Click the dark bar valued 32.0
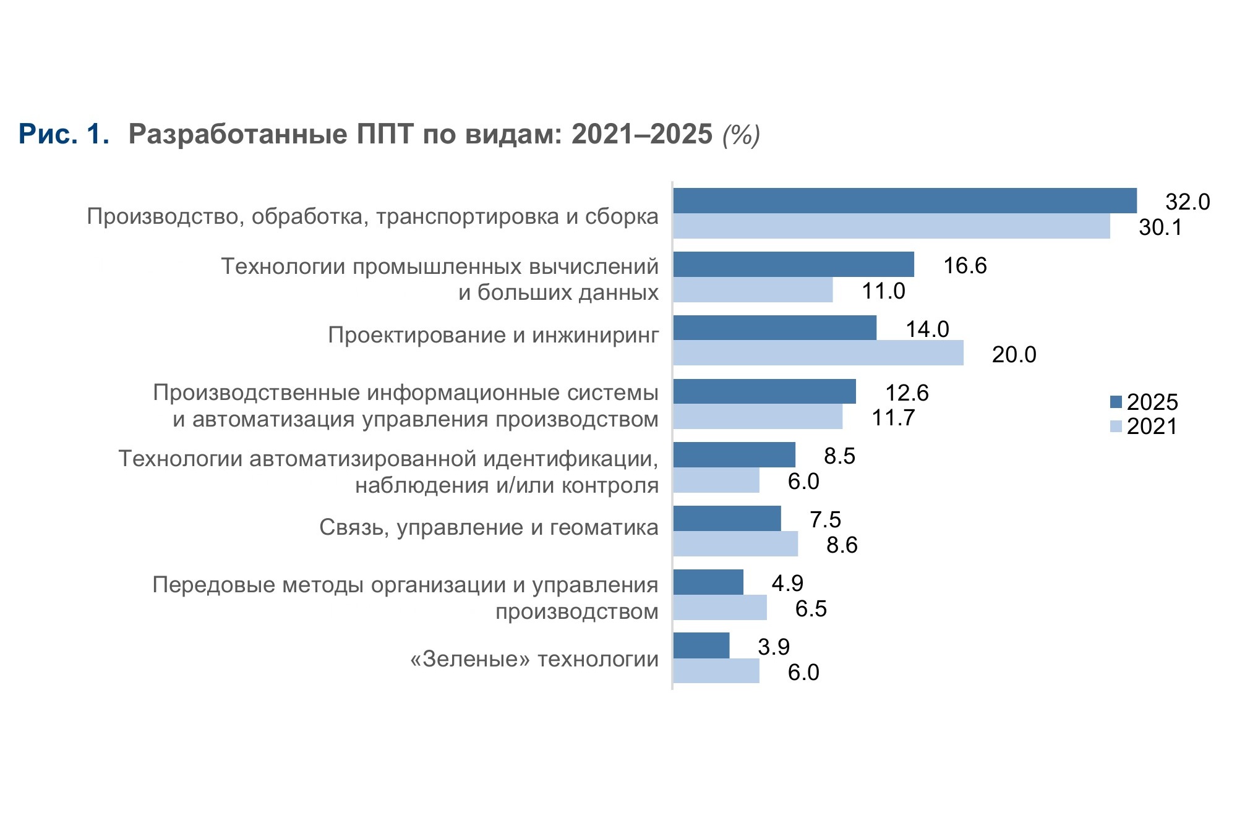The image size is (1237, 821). click(x=905, y=201)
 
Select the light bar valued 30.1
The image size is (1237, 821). click(x=892, y=226)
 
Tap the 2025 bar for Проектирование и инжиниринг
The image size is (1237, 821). click(x=775, y=328)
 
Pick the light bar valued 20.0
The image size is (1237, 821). click(x=818, y=353)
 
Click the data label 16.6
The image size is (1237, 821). click(x=965, y=266)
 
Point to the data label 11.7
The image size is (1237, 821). click(x=893, y=418)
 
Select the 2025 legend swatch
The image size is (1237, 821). click(x=1116, y=402)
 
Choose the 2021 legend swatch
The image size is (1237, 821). click(x=1116, y=427)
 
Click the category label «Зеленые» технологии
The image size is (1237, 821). click(x=534, y=659)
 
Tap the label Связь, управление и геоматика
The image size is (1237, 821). click(x=489, y=527)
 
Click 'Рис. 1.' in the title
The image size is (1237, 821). click(x=64, y=134)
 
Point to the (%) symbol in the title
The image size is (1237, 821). click(x=741, y=135)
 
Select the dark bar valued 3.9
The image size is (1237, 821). click(x=701, y=645)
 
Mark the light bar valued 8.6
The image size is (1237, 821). click(x=735, y=544)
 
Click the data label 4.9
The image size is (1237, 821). click(x=787, y=583)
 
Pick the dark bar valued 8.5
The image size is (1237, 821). click(x=734, y=455)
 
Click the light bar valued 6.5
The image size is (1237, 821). click(x=720, y=608)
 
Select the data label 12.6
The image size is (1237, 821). click(x=907, y=393)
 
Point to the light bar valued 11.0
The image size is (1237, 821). click(x=753, y=290)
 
